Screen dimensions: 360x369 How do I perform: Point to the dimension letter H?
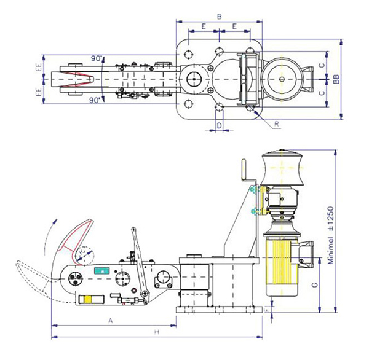157,332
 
